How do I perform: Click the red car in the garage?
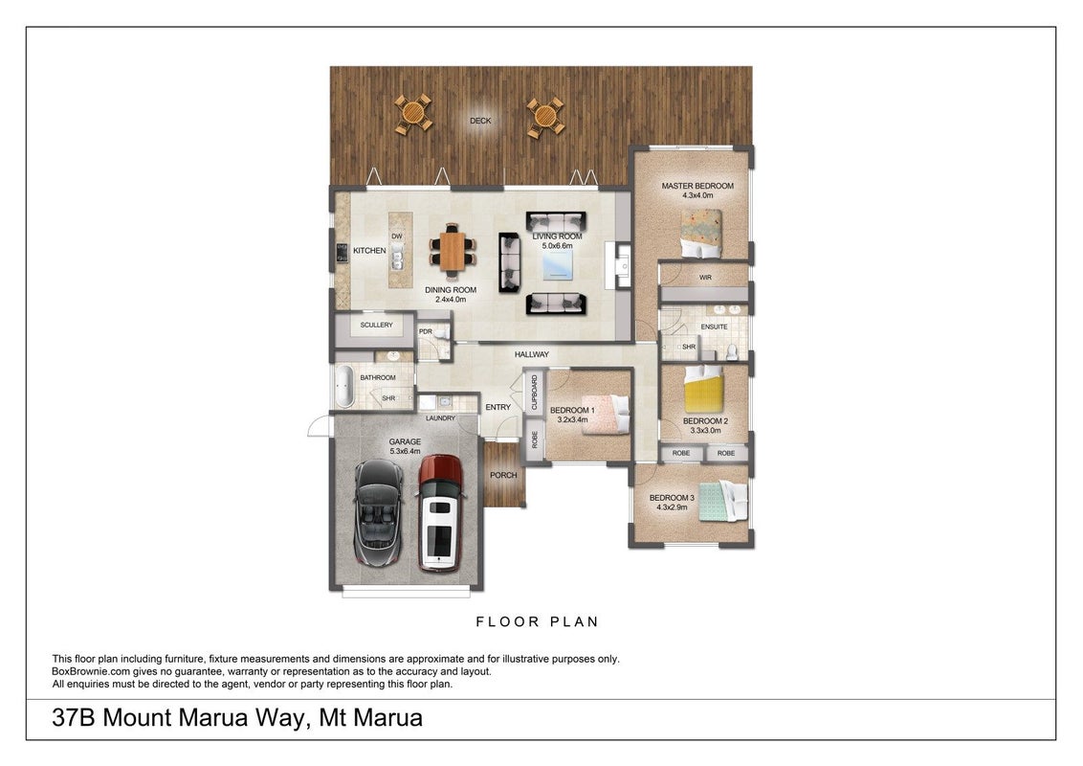(x=441, y=512)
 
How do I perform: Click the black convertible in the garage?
(x=379, y=513)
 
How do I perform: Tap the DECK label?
(x=480, y=121)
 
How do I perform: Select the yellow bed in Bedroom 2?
(x=703, y=389)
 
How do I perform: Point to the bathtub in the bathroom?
(x=344, y=387)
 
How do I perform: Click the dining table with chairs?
(x=453, y=250)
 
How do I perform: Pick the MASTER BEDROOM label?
(x=697, y=186)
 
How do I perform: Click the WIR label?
(x=705, y=278)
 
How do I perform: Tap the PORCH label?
(x=503, y=475)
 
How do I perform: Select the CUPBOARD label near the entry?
(x=535, y=392)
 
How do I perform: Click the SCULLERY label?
(x=376, y=325)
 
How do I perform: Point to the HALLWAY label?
(x=532, y=354)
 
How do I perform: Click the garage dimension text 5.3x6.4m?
(x=405, y=451)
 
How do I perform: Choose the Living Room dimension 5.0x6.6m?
(x=558, y=246)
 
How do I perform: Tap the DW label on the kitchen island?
(x=396, y=237)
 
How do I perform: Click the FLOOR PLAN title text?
(x=538, y=621)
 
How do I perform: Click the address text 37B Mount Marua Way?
(x=178, y=717)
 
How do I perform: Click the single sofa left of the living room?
(x=509, y=262)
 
